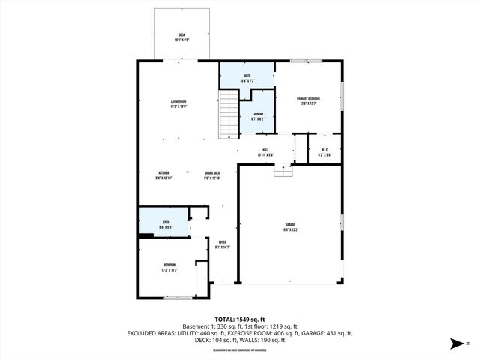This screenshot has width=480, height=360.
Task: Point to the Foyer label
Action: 222,243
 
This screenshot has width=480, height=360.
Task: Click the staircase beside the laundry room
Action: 228,114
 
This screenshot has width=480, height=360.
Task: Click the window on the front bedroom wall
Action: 178,298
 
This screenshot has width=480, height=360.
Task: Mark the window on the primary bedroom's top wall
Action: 301,61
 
